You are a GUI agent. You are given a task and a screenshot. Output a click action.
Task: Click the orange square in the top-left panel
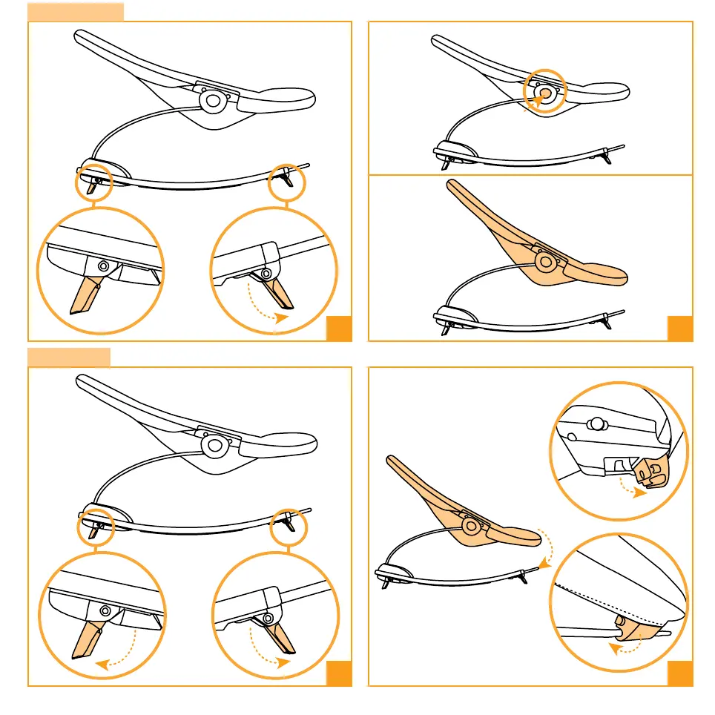coord(339,329)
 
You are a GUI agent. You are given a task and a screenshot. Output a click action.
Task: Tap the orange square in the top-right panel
coord(680,329)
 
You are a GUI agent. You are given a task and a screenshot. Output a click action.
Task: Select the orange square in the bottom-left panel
coord(339,673)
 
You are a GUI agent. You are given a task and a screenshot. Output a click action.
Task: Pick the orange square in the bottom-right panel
coord(680,673)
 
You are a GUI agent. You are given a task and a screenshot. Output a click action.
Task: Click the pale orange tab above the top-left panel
coord(76,11)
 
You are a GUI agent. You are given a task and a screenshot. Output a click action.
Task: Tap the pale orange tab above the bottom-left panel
coord(69,357)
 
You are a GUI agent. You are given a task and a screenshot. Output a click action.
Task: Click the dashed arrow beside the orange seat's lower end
coord(547,549)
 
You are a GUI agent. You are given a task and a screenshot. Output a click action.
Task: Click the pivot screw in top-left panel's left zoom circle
coord(102,265)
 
